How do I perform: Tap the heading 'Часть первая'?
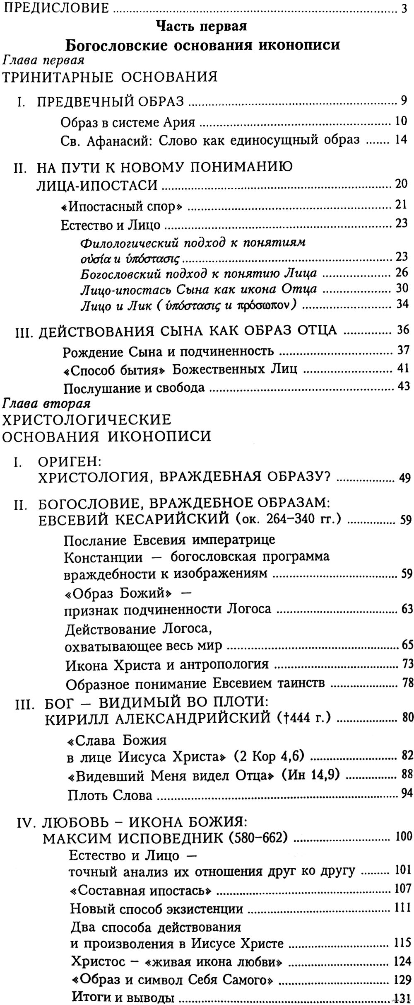pyautogui.click(x=202, y=27)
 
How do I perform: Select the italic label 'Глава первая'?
pyautogui.click(x=44, y=60)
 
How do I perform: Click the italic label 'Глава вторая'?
pyautogui.click(x=47, y=402)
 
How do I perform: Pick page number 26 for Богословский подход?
pyautogui.click(x=402, y=273)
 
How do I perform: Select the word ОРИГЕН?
pyautogui.click(x=66, y=462)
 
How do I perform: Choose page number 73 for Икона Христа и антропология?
pyautogui.click(x=407, y=664)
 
